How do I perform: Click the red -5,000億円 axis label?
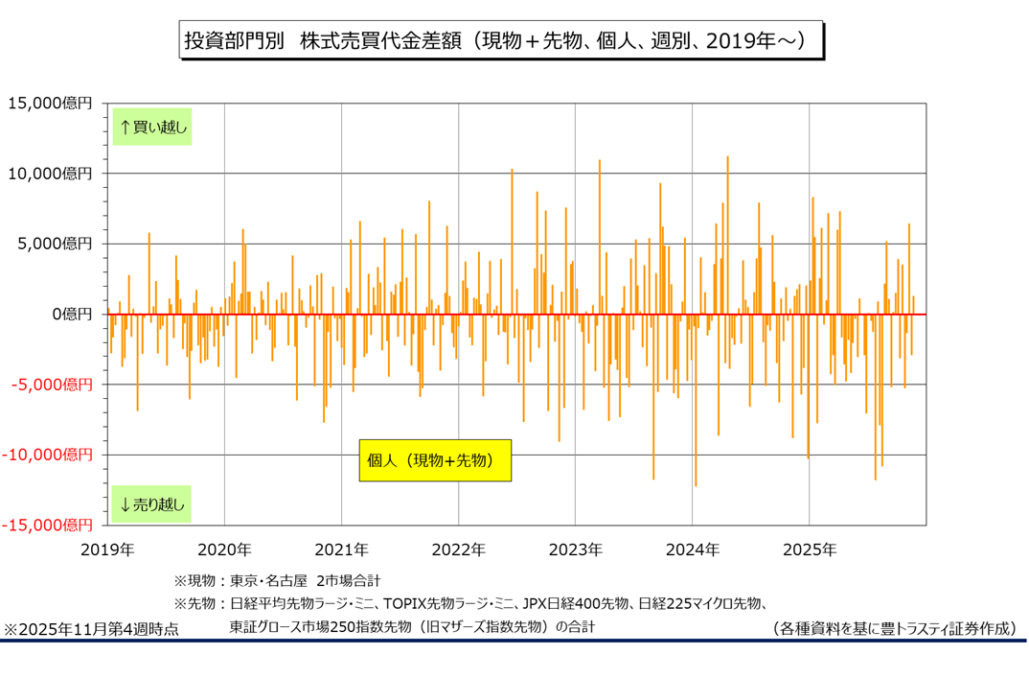[50, 385]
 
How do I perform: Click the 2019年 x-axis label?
[107, 550]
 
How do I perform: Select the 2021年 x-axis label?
[341, 550]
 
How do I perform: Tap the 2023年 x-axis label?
[575, 550]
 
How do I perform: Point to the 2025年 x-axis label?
[810, 550]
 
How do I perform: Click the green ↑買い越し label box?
[152, 127]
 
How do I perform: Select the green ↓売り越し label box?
[152, 503]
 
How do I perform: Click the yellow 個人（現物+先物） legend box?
[435, 460]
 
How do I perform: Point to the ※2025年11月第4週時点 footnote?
[91, 629]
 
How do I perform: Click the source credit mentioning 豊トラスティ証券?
[893, 629]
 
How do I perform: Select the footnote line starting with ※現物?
[277, 581]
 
